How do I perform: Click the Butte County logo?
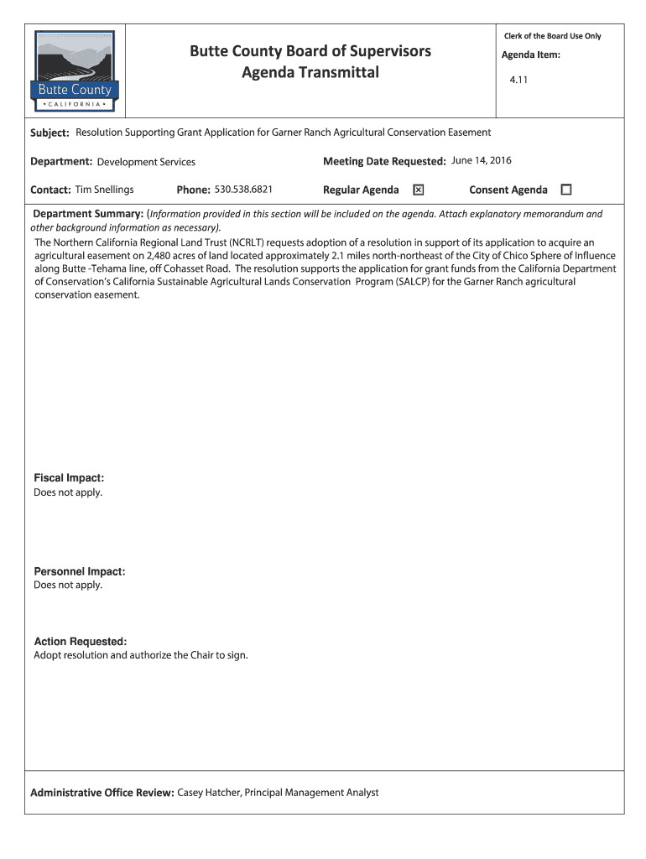[76, 72]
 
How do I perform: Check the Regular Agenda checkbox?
[418, 190]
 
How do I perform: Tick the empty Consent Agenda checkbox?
[565, 190]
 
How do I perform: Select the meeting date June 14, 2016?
[482, 160]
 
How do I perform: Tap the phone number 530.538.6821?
[243, 190]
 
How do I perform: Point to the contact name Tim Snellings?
[104, 190]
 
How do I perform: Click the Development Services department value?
[146, 162]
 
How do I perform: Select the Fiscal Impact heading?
[69, 478]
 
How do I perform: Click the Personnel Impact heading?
[79, 571]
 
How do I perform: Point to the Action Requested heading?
[80, 642]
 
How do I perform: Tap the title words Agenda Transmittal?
[310, 73]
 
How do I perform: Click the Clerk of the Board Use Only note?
[552, 36]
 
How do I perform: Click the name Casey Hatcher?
[209, 793]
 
